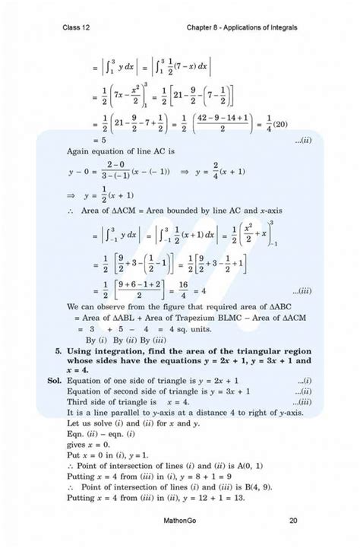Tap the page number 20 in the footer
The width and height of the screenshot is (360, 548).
[x=293, y=521]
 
